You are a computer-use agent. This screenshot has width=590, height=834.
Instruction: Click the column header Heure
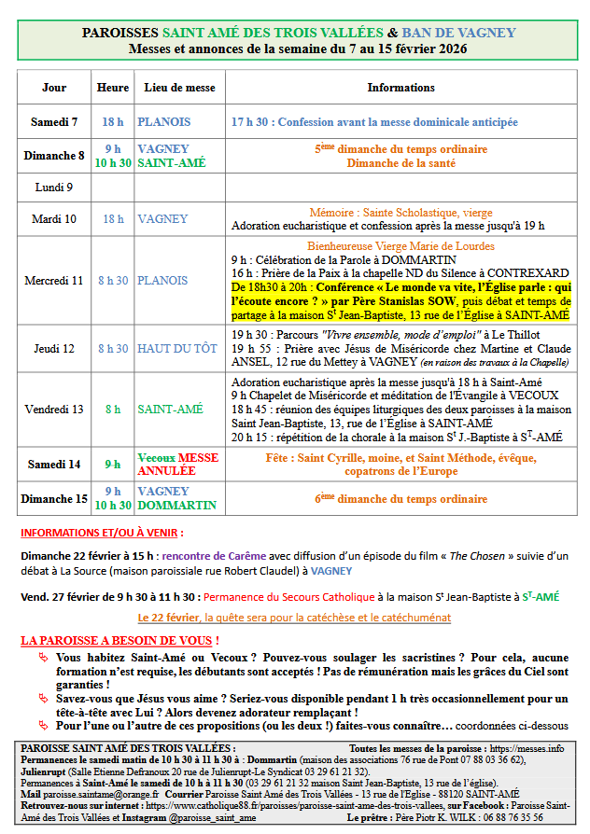pyautogui.click(x=113, y=88)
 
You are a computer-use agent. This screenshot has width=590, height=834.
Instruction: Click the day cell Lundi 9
pyautogui.click(x=54, y=188)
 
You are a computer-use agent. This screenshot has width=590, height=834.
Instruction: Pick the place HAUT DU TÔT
pyautogui.click(x=177, y=349)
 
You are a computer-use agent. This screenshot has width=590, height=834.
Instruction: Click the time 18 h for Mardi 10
pyautogui.click(x=113, y=219)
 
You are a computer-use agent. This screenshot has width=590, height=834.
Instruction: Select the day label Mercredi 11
pyautogui.click(x=54, y=280)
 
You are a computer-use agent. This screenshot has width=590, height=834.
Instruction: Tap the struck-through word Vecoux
pyautogui.click(x=155, y=458)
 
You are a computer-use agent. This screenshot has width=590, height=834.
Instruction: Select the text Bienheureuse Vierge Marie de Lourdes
pyautogui.click(x=402, y=246)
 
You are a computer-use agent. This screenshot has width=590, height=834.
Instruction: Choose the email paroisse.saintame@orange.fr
pyautogui.click(x=92, y=794)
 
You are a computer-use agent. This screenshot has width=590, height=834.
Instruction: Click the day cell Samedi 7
pyautogui.click(x=54, y=122)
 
